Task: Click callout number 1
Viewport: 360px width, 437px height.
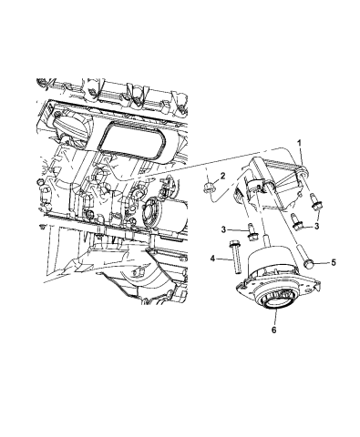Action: point(300,143)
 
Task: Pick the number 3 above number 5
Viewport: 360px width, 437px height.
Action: point(316,223)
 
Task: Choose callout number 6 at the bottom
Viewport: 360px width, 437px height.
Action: point(272,330)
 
